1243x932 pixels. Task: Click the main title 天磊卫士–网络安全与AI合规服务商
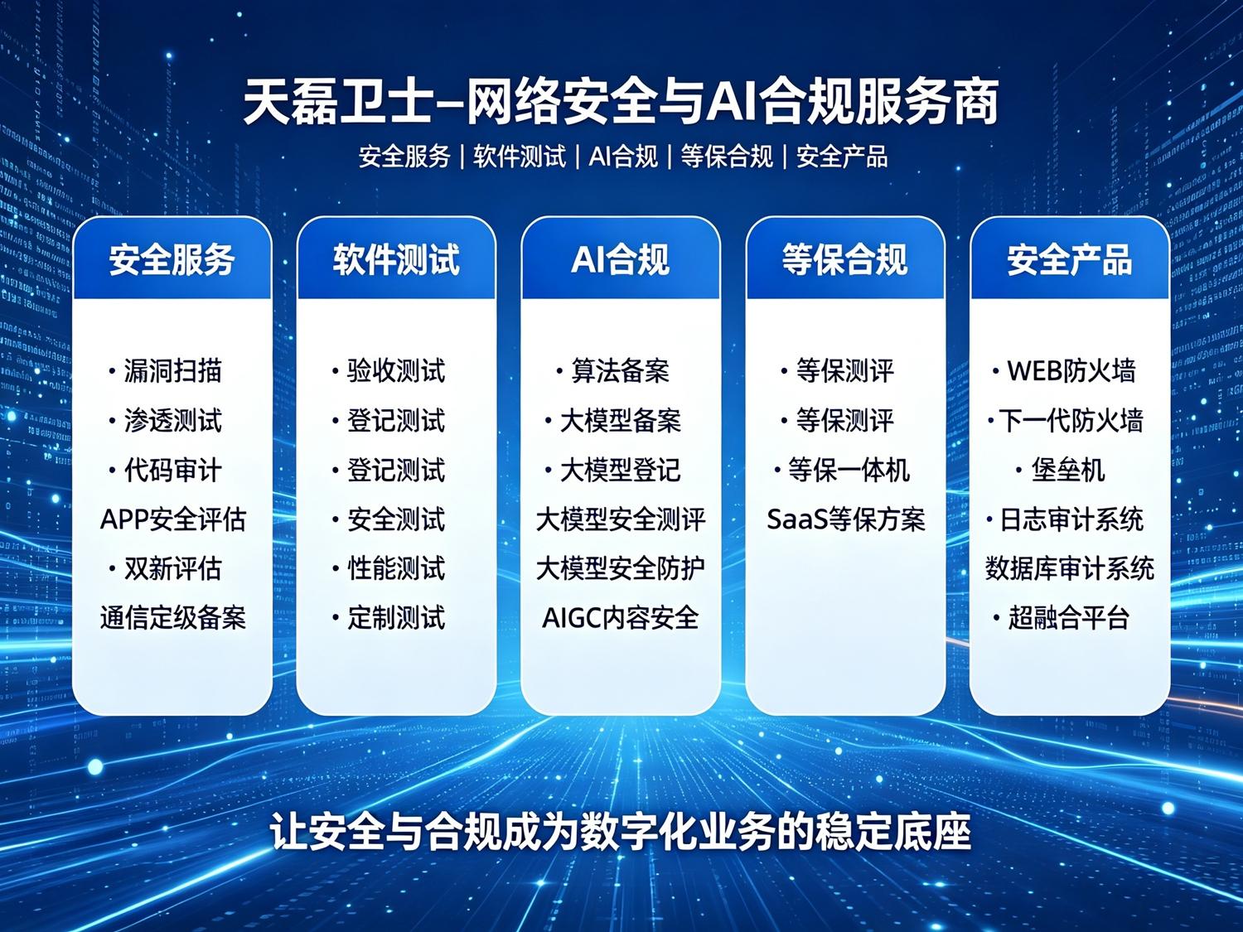pos(621,103)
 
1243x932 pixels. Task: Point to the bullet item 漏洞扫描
pos(172,371)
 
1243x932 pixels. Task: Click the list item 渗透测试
pos(172,421)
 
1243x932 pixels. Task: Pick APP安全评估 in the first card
pos(172,519)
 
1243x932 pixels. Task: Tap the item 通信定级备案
pos(172,617)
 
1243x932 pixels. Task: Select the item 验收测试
pos(396,371)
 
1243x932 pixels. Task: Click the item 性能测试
pos(396,568)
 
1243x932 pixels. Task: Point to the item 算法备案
pos(620,371)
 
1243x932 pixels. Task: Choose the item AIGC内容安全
pos(620,617)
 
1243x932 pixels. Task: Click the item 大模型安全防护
pos(620,568)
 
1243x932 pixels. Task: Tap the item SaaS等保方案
pos(845,519)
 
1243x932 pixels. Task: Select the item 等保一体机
pos(849,470)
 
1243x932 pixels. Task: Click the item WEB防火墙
pos(1071,371)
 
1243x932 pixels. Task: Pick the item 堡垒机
pos(1067,470)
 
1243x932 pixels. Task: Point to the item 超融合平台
pos(1069,617)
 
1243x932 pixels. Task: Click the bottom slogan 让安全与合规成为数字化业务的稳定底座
pos(621,831)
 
